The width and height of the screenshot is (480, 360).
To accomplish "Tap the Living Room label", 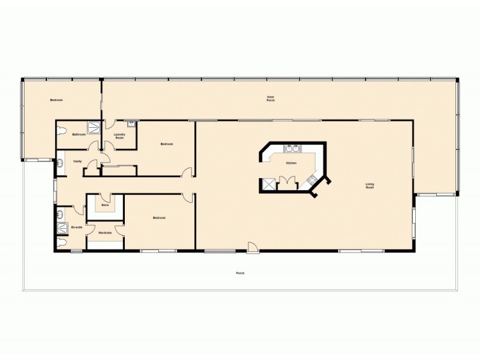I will [370, 185].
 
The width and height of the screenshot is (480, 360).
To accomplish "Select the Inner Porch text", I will [271, 98].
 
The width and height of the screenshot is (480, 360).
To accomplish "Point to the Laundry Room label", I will [119, 136].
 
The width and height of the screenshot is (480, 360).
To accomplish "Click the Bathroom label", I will [79, 134].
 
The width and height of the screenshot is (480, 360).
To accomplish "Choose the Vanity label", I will [77, 161].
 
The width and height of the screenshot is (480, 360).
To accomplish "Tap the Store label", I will [104, 205].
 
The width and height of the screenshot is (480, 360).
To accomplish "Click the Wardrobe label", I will [105, 232].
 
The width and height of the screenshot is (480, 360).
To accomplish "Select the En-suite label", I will [76, 228].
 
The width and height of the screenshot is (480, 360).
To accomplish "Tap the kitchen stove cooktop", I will [311, 178].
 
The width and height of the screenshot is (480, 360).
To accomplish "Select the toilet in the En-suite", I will [62, 242].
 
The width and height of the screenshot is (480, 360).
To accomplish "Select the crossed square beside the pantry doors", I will [268, 184].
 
